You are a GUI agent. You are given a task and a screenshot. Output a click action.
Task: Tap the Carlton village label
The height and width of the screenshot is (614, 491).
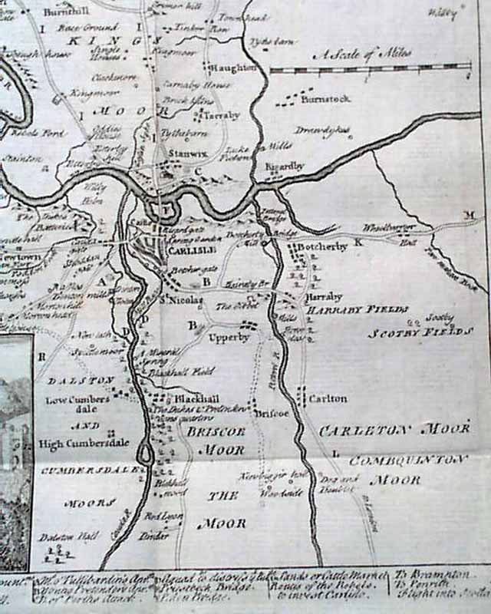coord(328,399)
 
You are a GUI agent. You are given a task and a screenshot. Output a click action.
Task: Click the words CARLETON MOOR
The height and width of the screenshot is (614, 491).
coord(394,430)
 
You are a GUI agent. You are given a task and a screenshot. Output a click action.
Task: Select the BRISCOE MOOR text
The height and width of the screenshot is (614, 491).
coord(215,441)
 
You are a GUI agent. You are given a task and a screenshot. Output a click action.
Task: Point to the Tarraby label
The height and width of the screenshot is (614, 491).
coord(222,115)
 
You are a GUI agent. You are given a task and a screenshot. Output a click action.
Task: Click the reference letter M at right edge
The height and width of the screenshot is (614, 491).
coord(469,216)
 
